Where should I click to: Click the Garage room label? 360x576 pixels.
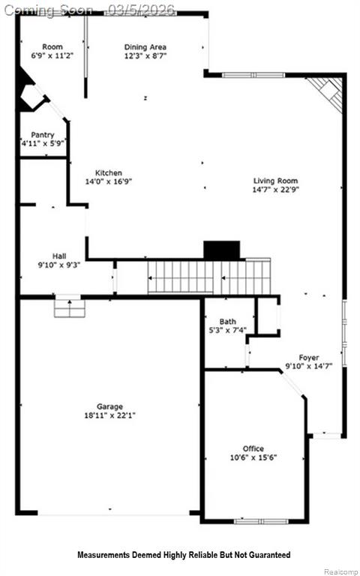point(109,406)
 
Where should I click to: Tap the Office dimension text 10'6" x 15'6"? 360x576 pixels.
point(253,457)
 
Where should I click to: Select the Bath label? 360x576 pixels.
point(228,322)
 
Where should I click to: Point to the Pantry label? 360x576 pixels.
point(43,135)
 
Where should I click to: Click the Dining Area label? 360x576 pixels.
point(145,47)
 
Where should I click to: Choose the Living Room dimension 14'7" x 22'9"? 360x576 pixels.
point(275,190)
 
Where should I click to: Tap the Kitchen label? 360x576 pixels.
point(109,172)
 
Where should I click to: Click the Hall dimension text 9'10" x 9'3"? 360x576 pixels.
point(59,265)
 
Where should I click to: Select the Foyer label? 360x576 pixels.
point(308,358)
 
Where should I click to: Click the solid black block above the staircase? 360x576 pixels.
point(222,250)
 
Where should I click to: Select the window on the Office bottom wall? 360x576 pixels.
point(262,521)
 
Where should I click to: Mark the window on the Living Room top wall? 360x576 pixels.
point(253,75)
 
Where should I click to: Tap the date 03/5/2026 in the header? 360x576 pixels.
point(141,10)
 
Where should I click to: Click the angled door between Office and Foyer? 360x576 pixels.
point(293,384)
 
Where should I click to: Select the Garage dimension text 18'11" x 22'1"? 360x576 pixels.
point(109,415)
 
